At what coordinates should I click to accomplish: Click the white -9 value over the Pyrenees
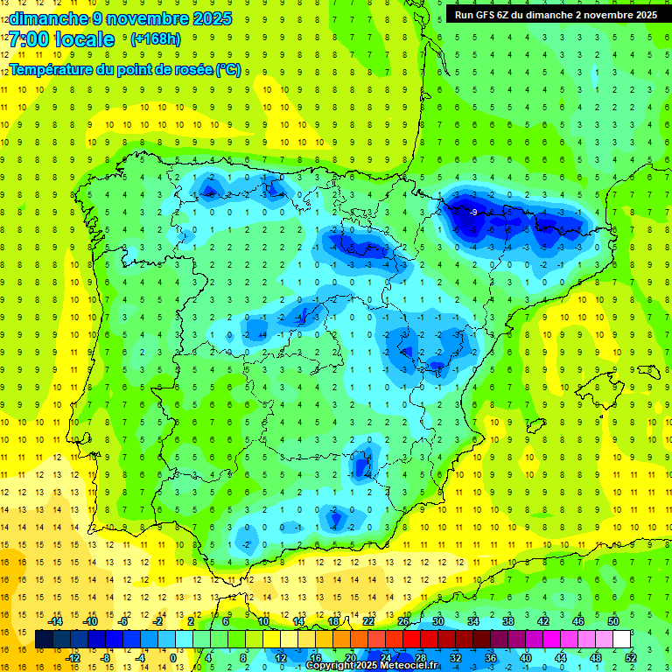coord(473,213)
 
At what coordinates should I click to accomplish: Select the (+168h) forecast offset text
coord(156,39)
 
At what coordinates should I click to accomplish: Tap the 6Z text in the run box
coord(514,15)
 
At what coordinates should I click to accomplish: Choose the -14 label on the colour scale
coord(55,621)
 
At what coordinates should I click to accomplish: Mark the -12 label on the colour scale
coord(73,658)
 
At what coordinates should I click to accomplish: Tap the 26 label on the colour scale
coord(403,621)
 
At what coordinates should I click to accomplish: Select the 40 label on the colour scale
coord(526,658)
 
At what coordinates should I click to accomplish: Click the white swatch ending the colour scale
coord(622,639)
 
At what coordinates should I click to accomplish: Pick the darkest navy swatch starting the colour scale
coord(45,639)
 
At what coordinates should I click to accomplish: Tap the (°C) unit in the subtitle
coord(228,69)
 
